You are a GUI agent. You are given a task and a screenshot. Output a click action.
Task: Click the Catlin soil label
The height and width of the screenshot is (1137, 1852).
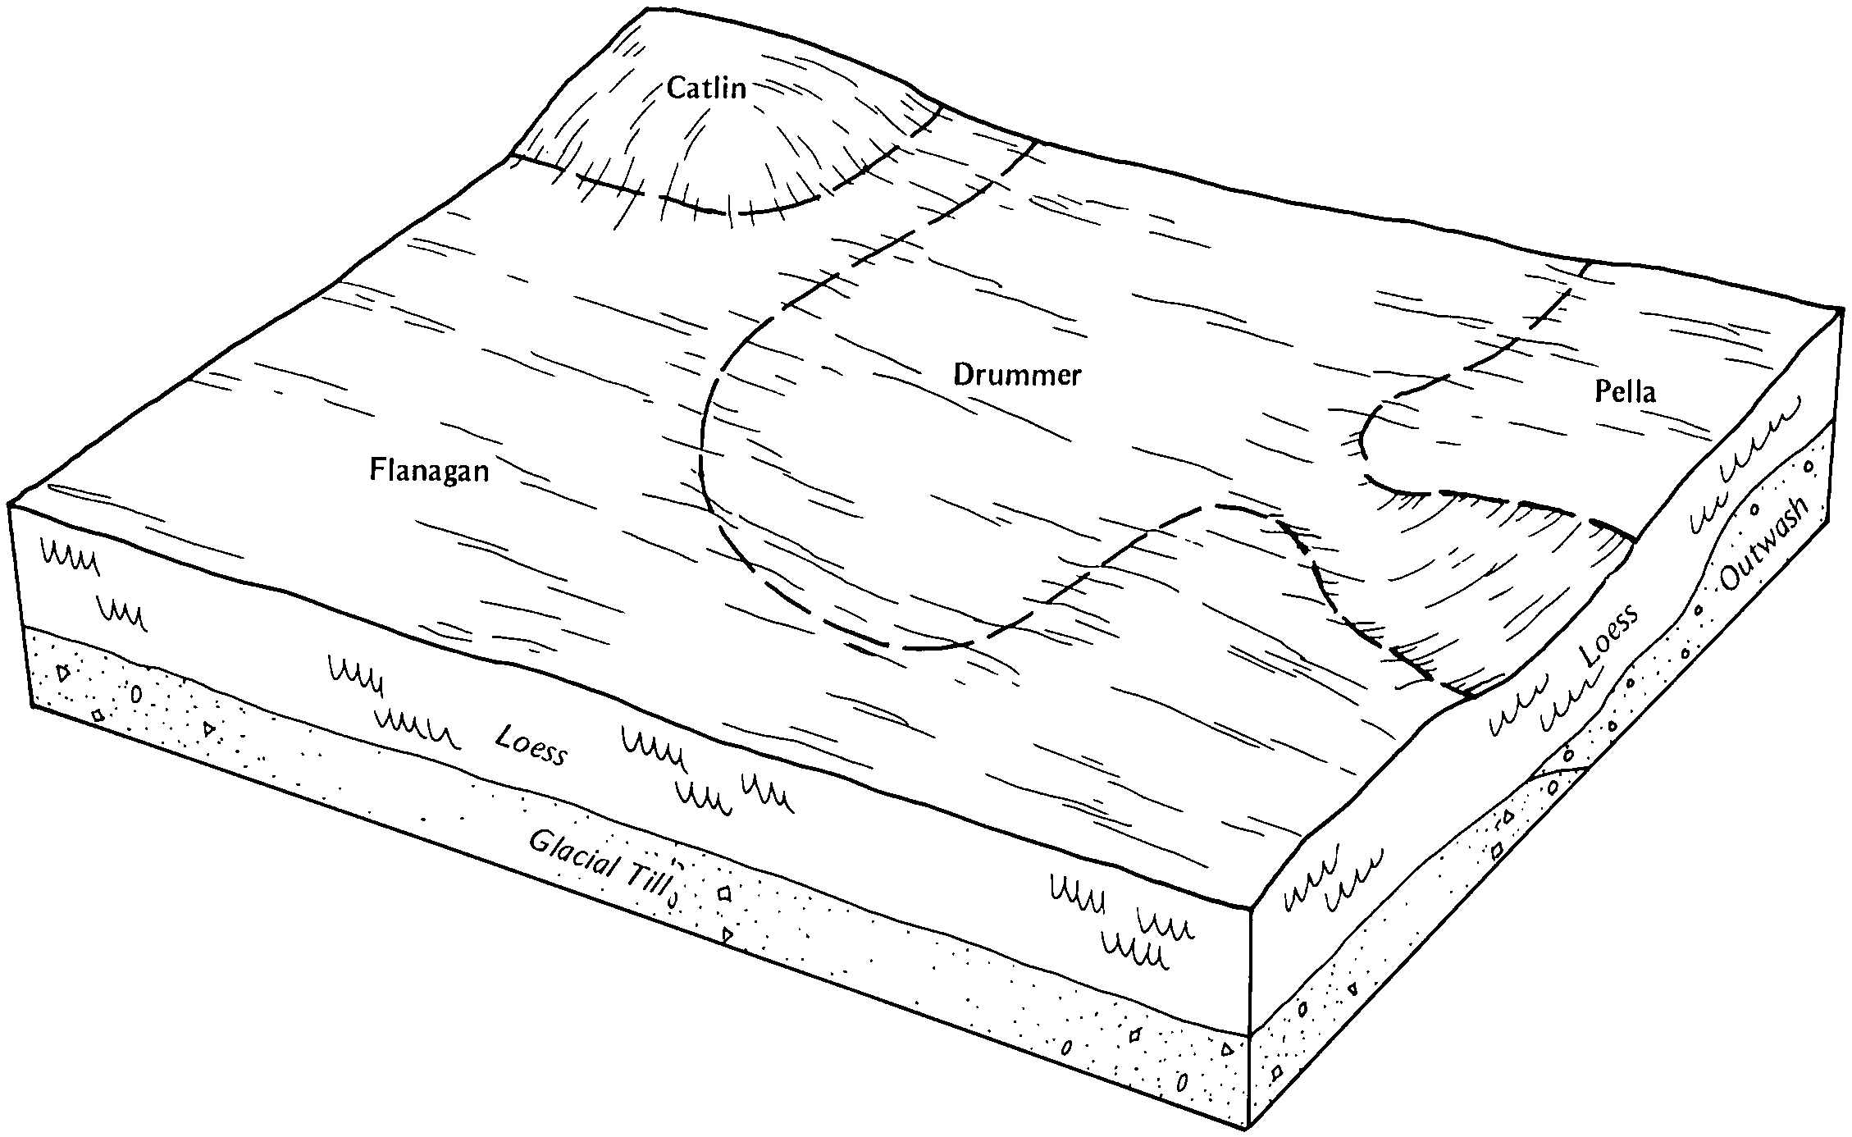point(706,88)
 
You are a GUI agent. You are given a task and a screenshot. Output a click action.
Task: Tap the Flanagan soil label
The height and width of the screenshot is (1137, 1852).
point(429,472)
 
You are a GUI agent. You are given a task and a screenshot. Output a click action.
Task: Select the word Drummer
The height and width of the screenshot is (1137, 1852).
point(1017,376)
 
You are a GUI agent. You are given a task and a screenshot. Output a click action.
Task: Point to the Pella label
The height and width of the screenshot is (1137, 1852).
point(1625,392)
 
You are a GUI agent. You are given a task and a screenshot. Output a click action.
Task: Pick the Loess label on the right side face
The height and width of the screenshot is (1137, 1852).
point(1609,635)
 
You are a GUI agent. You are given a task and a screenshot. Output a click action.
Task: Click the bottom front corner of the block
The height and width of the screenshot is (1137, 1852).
point(1247,1130)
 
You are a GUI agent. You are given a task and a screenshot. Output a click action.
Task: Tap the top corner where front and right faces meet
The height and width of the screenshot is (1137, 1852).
point(1249,909)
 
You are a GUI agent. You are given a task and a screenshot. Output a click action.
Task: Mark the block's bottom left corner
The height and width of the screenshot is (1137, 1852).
point(31,705)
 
